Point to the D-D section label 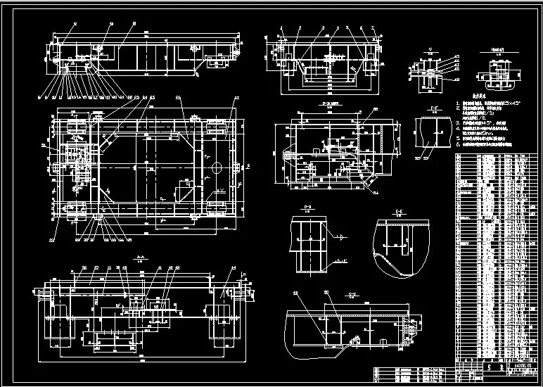point(307,206)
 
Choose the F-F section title point(431,110)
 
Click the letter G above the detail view point(430,50)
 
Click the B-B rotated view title point(326,103)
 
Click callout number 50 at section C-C point(326,293)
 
